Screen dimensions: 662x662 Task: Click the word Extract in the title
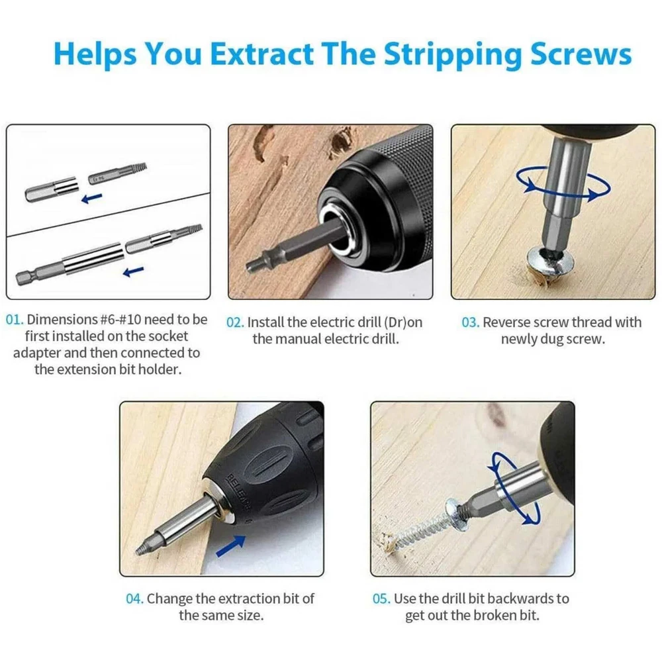point(261,54)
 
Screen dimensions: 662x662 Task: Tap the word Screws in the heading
point(581,54)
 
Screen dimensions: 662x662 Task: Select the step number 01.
point(15,320)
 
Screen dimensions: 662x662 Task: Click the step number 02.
point(235,322)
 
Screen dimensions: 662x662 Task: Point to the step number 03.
point(471,322)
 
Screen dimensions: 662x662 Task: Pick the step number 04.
point(135,598)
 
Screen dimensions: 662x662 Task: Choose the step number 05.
point(382,598)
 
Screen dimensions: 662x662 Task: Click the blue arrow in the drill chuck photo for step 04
point(231,545)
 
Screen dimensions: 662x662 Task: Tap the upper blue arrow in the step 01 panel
point(91,197)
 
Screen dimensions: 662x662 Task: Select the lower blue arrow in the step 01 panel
point(134,271)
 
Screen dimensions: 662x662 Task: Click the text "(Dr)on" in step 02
point(402,322)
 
